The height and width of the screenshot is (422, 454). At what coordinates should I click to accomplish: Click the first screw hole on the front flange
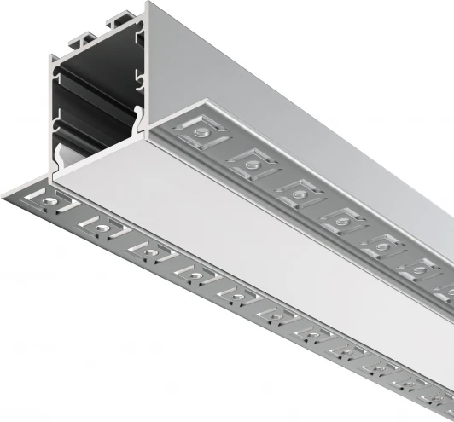54,204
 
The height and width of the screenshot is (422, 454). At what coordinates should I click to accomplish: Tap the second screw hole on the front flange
98,225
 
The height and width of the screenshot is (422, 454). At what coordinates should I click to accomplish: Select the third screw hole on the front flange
145,248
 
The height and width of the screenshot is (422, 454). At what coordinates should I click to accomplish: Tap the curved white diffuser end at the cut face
61,159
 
